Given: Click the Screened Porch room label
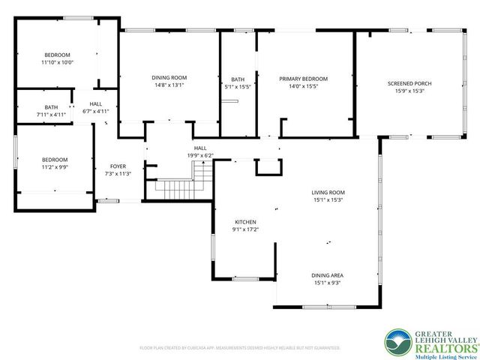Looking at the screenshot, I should pos(406,82).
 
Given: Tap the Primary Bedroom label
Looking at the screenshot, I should pos(303,79).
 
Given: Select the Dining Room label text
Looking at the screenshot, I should pos(169,77).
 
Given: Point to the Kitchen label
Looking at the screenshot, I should pos(246,222).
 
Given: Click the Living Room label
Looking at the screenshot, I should pos(328,193).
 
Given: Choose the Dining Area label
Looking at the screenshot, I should pos(328,275).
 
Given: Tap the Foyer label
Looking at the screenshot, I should pos(118,166).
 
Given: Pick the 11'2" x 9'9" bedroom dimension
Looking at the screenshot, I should pos(55,167).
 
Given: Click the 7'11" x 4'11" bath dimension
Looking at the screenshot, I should pos(51,115).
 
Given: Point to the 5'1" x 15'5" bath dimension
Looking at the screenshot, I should pos(238,87).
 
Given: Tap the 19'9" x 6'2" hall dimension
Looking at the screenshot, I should pos(200,155).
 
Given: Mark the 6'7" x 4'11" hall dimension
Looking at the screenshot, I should pos(96,111).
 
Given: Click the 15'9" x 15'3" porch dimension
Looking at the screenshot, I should pos(406,91).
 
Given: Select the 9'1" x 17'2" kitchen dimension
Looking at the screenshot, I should pos(246,230).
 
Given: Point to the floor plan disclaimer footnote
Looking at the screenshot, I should pos(240,348).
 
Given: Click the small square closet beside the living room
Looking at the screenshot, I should pos(266,167).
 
